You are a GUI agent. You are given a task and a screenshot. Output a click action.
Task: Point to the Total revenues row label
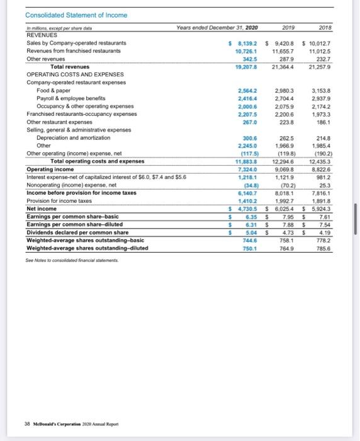tap(70, 66)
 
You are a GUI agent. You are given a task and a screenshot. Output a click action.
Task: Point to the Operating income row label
tap(50, 169)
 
